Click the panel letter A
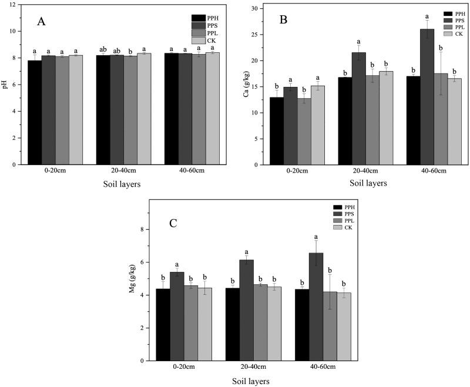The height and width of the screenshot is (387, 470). coord(42,22)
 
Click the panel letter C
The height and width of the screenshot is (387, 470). coord(173,223)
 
